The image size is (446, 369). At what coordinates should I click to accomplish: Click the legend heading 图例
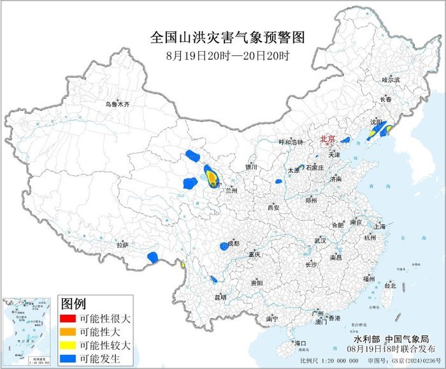(x=74, y=302)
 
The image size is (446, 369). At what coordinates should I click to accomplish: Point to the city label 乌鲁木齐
(x=117, y=103)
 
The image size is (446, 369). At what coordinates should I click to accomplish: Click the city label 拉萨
(x=122, y=244)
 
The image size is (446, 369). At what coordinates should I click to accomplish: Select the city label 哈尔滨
(x=391, y=80)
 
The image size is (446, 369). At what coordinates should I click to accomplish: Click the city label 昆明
(x=220, y=296)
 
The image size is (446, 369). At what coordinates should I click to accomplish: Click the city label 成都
(x=233, y=243)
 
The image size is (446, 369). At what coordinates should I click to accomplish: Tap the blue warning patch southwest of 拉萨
(x=153, y=257)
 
